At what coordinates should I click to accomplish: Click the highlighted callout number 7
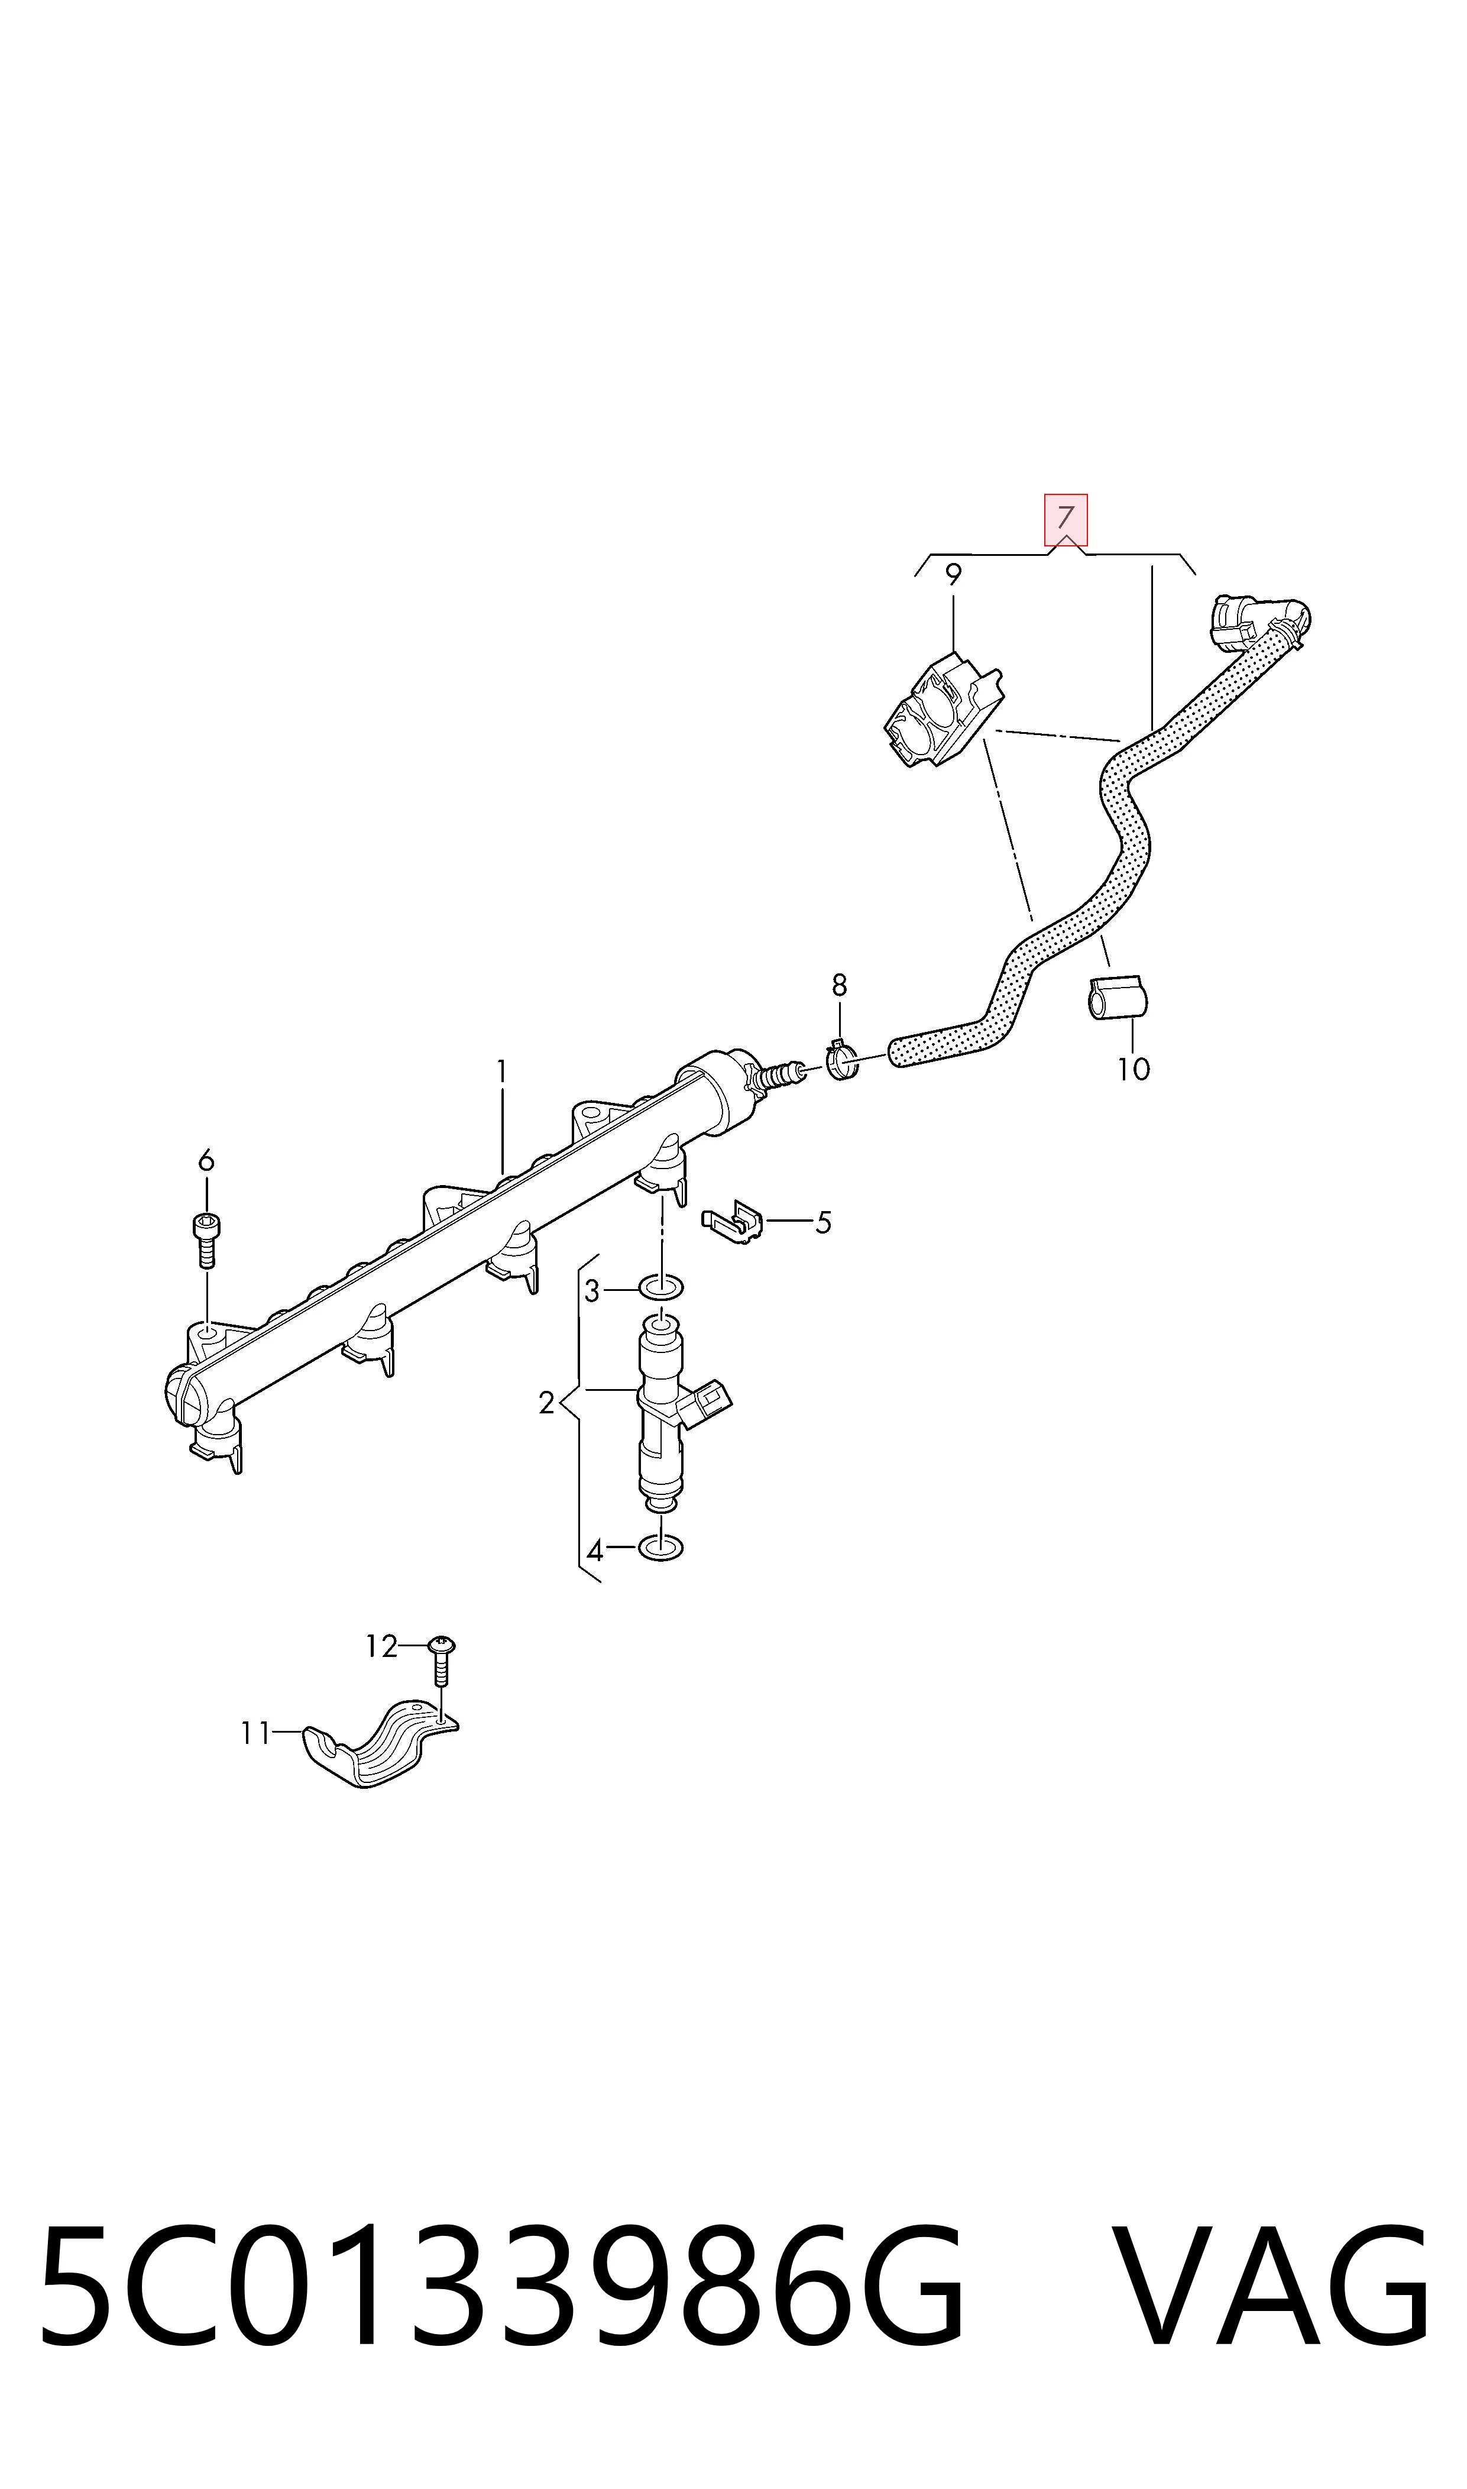pos(1066,518)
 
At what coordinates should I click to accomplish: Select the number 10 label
pos(1134,1070)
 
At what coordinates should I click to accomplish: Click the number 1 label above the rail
pos(502,1072)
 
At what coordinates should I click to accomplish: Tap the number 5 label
pos(824,1223)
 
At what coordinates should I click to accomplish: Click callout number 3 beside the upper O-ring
pos(592,1291)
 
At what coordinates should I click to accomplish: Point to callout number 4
pos(594,1551)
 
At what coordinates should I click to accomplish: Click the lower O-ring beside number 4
pos(661,1548)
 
